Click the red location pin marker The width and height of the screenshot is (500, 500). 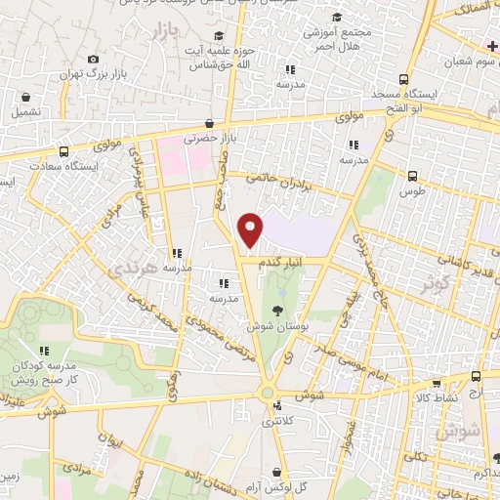tap(251, 229)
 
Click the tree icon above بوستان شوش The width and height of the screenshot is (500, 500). tap(280, 310)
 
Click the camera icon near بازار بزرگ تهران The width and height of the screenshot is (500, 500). tap(93, 60)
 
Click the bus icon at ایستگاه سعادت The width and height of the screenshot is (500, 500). tap(63, 152)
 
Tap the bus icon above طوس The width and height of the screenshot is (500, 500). tap(412, 177)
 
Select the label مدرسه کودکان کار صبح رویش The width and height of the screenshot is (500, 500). tap(42, 372)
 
